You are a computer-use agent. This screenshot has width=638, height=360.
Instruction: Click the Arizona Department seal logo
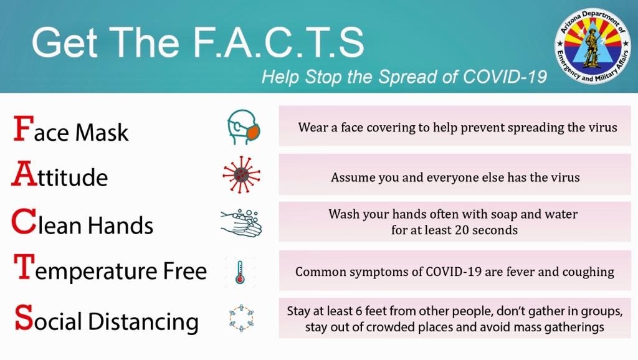click(592, 45)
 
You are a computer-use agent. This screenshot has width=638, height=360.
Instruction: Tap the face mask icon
click(244, 127)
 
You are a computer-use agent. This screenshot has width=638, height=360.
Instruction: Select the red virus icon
click(241, 175)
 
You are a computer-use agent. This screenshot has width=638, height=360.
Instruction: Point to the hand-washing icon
click(241, 223)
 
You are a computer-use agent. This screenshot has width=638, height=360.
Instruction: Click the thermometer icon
click(240, 272)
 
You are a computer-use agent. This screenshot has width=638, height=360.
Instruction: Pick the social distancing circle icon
click(241, 318)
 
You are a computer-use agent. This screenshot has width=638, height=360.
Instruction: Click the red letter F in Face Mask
click(24, 128)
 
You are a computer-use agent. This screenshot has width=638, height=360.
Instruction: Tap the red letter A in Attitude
click(24, 174)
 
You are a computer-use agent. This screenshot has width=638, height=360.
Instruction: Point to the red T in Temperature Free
click(24, 267)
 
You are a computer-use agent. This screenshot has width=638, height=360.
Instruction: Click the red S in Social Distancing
click(24, 317)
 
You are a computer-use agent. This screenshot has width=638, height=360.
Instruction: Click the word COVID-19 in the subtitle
click(505, 77)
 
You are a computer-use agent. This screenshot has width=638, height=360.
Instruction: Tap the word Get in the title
click(65, 42)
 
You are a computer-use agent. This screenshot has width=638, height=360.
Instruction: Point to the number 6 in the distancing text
click(358, 311)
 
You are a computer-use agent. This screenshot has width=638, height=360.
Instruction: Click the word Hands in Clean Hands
click(120, 225)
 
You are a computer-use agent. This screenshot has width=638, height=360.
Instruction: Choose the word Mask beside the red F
click(102, 132)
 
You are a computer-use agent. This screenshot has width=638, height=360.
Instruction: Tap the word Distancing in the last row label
click(143, 322)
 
